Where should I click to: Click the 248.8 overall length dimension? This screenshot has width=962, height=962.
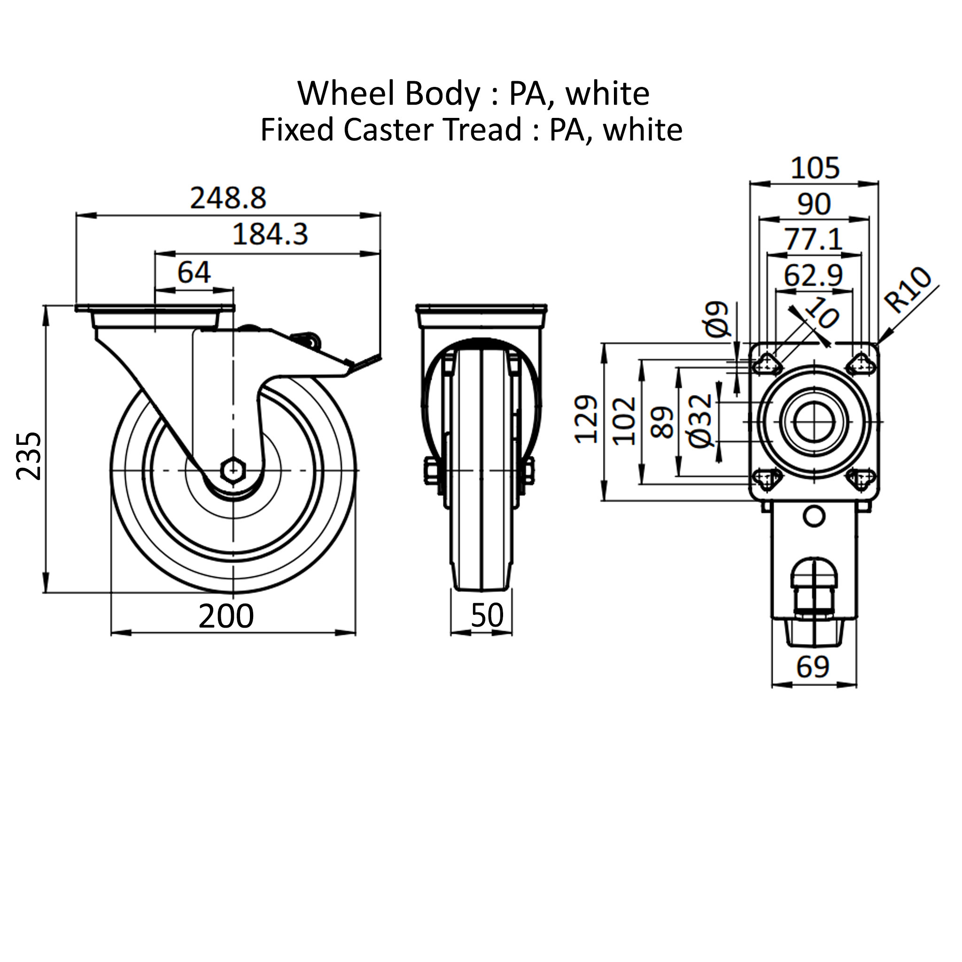click(228, 198)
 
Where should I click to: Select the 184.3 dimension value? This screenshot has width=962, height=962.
click(271, 234)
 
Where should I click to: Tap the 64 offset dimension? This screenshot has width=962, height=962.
click(194, 272)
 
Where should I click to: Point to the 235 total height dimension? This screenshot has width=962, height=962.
click(29, 456)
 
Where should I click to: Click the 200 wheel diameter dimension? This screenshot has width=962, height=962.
click(226, 616)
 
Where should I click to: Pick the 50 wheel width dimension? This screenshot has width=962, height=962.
click(487, 615)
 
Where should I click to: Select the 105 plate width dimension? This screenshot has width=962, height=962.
click(815, 168)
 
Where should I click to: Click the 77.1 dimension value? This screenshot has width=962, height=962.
click(814, 240)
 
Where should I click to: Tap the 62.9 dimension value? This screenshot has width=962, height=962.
click(813, 275)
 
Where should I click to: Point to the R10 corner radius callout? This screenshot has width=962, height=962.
click(907, 290)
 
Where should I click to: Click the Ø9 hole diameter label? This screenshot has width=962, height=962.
click(718, 319)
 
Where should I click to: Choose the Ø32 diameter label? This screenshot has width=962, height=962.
click(700, 421)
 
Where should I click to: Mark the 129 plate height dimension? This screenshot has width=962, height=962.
click(587, 419)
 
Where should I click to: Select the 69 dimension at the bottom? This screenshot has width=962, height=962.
click(813, 667)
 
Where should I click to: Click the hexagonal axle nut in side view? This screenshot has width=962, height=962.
click(233, 470)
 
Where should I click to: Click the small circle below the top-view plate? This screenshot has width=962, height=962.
click(814, 516)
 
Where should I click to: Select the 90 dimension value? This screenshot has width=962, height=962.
click(814, 204)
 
